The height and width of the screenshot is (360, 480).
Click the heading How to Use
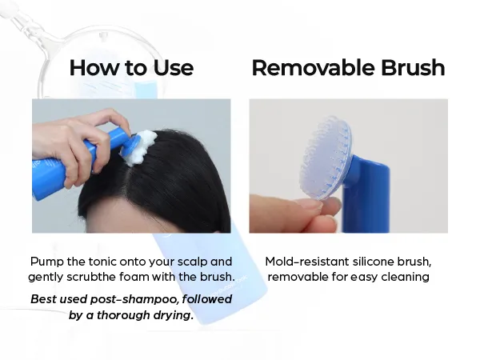point(131,67)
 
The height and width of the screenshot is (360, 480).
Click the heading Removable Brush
point(348,67)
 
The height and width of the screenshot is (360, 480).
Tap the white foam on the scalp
point(142,147)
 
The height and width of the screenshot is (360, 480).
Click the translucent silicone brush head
point(326,157)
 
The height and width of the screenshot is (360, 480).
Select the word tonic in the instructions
point(103,262)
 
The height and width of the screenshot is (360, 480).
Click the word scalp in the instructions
point(192,262)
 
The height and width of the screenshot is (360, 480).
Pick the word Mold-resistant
point(307,262)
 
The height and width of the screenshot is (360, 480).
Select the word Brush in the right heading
point(413,67)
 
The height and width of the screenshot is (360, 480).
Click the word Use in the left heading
point(174,68)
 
